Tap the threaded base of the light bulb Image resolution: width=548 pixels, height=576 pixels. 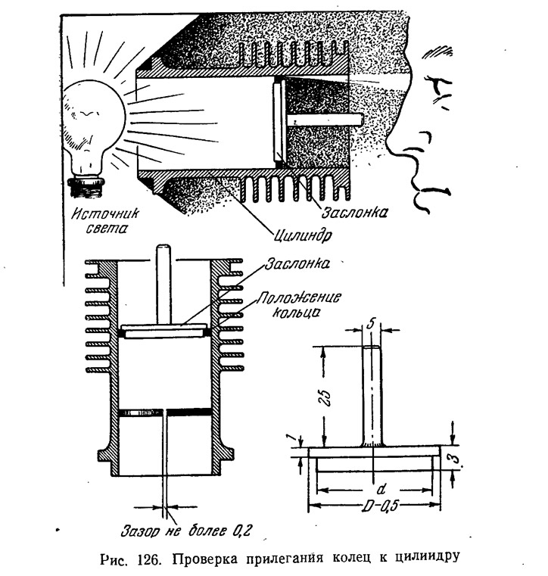click(x=86, y=187)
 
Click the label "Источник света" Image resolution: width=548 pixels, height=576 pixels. click(x=105, y=220)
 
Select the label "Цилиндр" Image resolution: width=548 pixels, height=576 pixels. click(x=302, y=235)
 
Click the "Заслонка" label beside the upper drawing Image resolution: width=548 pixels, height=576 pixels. click(x=354, y=213)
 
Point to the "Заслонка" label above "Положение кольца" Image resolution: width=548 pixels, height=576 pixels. click(x=297, y=263)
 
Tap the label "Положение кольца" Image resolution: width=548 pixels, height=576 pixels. click(x=298, y=304)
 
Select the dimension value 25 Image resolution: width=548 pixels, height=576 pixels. click(x=326, y=398)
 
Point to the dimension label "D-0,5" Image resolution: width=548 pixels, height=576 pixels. click(x=380, y=507)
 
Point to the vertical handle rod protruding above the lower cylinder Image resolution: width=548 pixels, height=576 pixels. click(x=163, y=284)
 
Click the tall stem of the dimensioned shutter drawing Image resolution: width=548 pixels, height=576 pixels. click(x=372, y=397)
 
